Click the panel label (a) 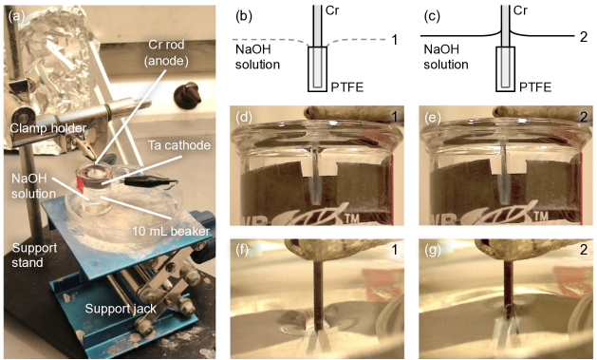[16, 16]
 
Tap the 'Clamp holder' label [48, 128]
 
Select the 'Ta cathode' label [179, 145]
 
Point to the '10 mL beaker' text [171, 231]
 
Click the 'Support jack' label [121, 308]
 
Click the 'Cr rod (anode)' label [166, 53]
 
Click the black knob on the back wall [187, 95]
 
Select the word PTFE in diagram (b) [346, 87]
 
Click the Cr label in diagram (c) [520, 10]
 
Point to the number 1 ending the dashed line [395, 39]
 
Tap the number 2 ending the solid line [583, 37]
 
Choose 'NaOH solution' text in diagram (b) [257, 57]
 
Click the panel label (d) [244, 118]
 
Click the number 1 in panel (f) [395, 250]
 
